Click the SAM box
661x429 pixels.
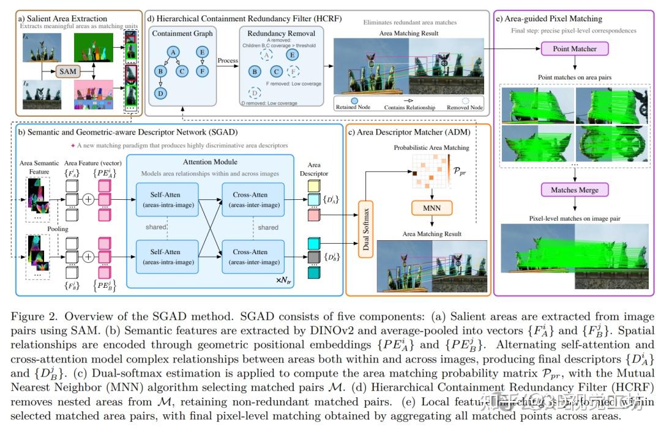tap(69, 71)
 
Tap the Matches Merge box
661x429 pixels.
tap(575, 190)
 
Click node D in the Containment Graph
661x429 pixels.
tap(160, 93)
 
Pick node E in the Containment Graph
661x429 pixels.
tap(201, 53)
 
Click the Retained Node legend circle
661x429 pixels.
tap(354, 100)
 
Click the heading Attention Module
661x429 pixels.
tap(210, 163)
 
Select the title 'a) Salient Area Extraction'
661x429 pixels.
tap(54, 19)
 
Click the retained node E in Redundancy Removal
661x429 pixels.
tap(293, 54)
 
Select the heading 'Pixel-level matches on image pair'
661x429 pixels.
tap(574, 218)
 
